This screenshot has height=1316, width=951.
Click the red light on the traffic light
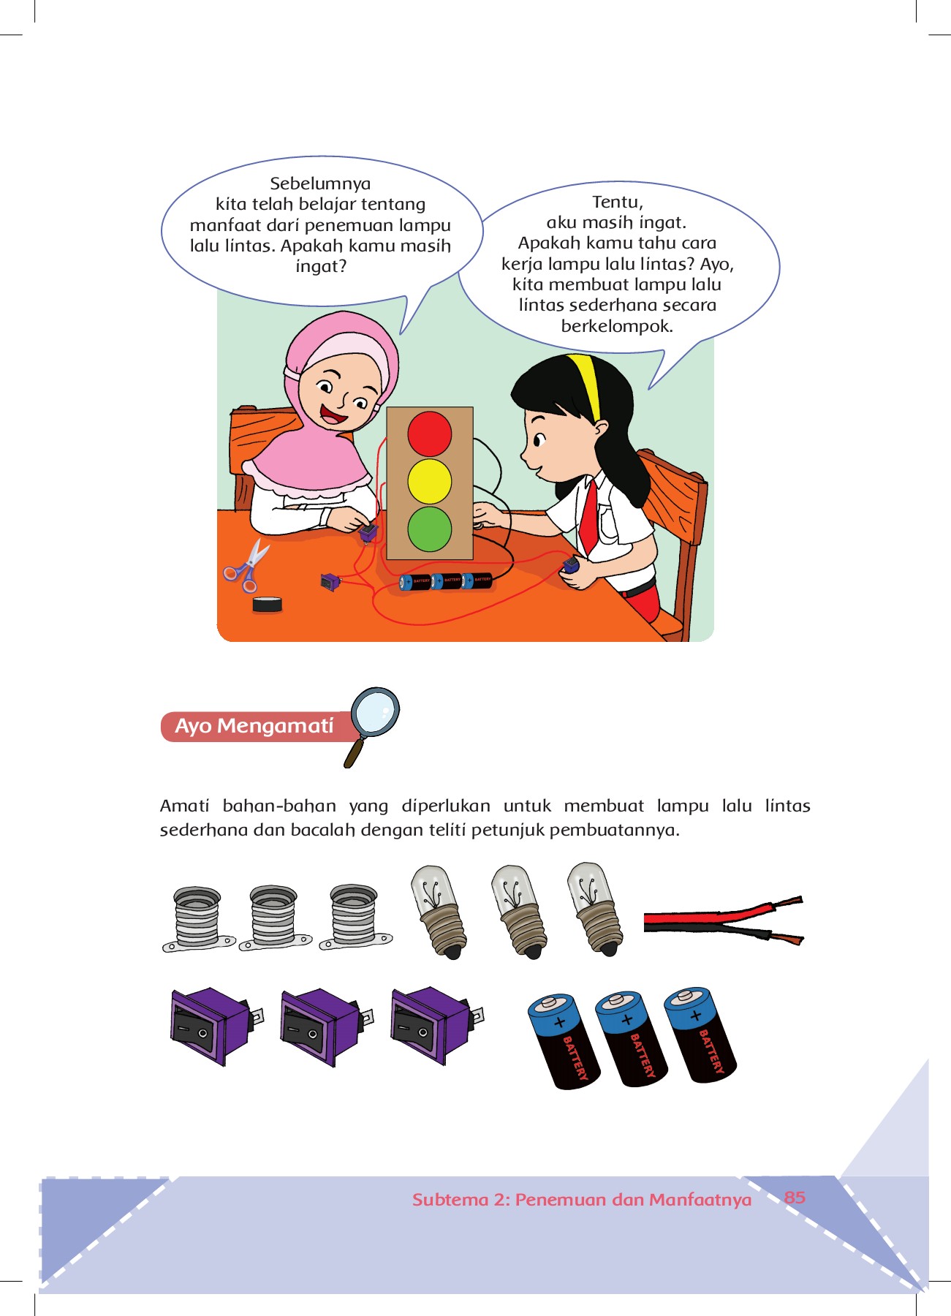coord(430,434)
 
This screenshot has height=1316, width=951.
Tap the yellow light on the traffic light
coord(430,481)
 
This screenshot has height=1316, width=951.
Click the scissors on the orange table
coord(246,565)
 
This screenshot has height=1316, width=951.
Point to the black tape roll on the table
coord(268,604)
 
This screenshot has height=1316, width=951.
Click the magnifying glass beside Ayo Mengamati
coord(372,725)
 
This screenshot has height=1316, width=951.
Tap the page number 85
coord(795,1198)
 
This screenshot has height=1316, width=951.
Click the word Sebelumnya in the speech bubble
coord(320,184)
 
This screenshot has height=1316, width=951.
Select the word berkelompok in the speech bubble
coord(617,326)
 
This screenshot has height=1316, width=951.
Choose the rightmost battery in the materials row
coord(700,1035)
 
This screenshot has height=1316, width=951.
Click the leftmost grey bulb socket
coord(197,919)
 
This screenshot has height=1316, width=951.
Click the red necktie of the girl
coord(588,516)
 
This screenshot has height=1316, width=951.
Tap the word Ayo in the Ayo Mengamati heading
coord(194,726)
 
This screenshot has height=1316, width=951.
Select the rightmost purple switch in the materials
coord(437,1026)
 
